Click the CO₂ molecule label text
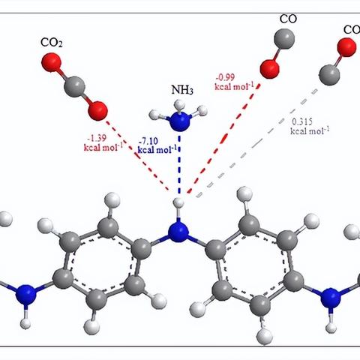[x=52, y=43]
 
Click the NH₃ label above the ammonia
[x=182, y=90]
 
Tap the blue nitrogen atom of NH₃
[x=180, y=121]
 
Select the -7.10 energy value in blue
[x=148, y=141]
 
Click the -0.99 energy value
[x=225, y=77]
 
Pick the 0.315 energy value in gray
[x=302, y=121]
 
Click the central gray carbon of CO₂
[x=74, y=87]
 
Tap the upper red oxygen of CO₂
[x=51, y=62]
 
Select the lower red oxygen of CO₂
[x=97, y=111]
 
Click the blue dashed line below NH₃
[x=179, y=164]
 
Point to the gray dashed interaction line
[x=256, y=143]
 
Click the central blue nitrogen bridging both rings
[x=178, y=232]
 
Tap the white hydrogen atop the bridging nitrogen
[x=178, y=202]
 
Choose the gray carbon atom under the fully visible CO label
[x=284, y=39]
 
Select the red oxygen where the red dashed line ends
[x=269, y=69]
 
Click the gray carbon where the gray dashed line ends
[x=329, y=75]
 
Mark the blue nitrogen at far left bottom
[x=25, y=295]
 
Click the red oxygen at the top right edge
[x=346, y=47]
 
